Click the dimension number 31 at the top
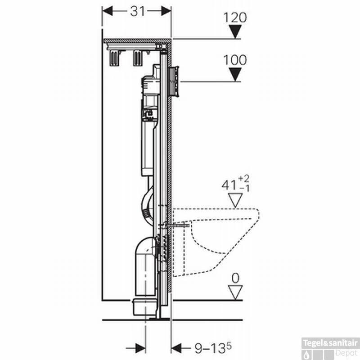pos(138,11)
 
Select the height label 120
pos(235,18)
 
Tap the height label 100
pos(235,60)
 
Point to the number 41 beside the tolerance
pos(229,185)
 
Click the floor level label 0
pos(235,278)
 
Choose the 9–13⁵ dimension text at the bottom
pos(213,348)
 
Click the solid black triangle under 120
pos(235,31)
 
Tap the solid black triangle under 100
pos(235,74)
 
